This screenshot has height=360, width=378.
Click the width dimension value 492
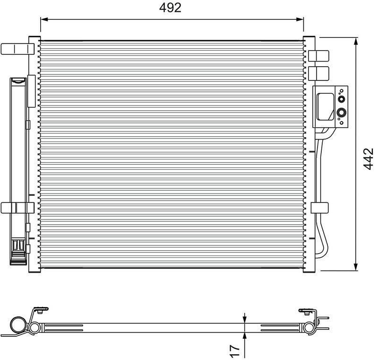tap(170, 8)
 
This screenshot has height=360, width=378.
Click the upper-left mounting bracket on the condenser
tap(17, 49)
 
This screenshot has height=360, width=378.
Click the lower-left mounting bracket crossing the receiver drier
tap(17, 207)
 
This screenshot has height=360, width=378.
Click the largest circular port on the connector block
tap(341, 113)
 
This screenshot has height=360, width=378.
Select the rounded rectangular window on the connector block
tap(326, 106)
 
